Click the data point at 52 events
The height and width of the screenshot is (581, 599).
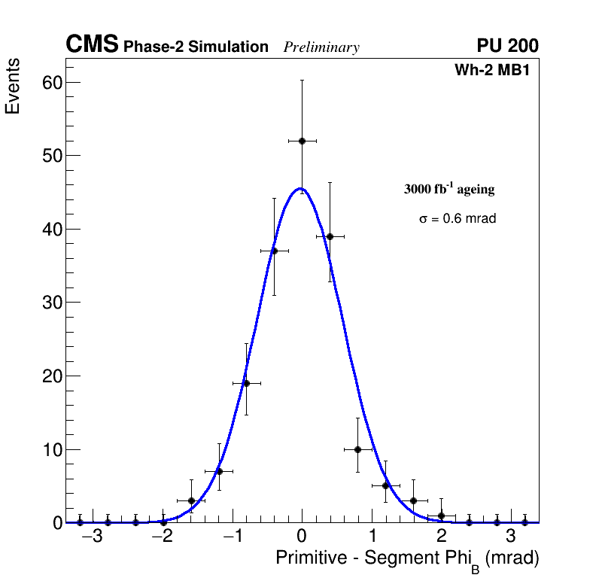(x=302, y=141)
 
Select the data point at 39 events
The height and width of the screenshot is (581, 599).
(x=330, y=236)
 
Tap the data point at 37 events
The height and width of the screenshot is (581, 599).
(x=274, y=251)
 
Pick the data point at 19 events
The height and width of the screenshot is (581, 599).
(x=246, y=383)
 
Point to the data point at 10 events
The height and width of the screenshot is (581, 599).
(x=357, y=449)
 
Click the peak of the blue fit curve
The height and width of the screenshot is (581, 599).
(x=299, y=189)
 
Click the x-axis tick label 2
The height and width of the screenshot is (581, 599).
(x=441, y=537)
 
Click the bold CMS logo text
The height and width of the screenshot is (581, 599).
(x=92, y=46)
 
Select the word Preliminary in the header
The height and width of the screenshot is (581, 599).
(x=321, y=47)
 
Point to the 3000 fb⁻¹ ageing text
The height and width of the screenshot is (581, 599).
(x=449, y=189)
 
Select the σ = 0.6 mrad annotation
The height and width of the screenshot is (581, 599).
(x=458, y=219)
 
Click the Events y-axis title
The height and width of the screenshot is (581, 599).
(x=13, y=87)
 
